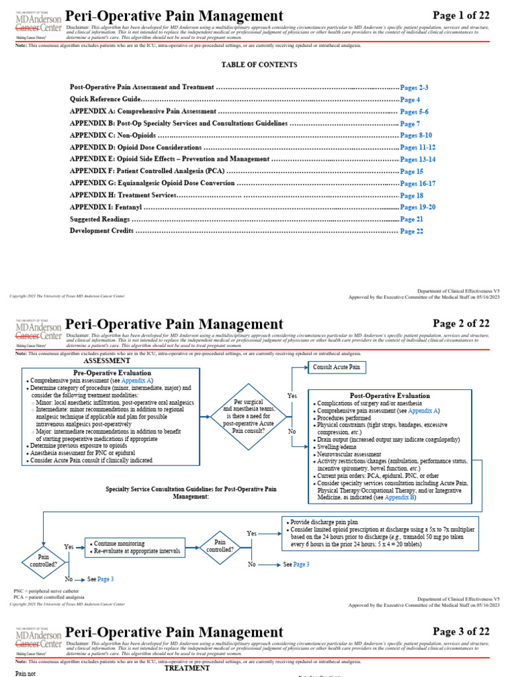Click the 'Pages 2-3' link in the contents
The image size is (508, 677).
[415, 87]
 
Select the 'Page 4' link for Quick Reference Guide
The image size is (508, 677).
[410, 99]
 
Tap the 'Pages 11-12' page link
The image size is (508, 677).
[418, 147]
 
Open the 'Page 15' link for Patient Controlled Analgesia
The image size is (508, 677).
[411, 171]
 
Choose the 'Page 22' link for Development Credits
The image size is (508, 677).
[411, 231]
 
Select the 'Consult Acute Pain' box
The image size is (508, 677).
[336, 367]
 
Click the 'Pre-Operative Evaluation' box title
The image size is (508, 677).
[116, 373]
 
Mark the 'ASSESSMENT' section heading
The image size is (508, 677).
[106, 362]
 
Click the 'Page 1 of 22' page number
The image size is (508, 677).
[461, 15]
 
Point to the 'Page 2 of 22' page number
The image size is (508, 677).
[461, 323]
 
